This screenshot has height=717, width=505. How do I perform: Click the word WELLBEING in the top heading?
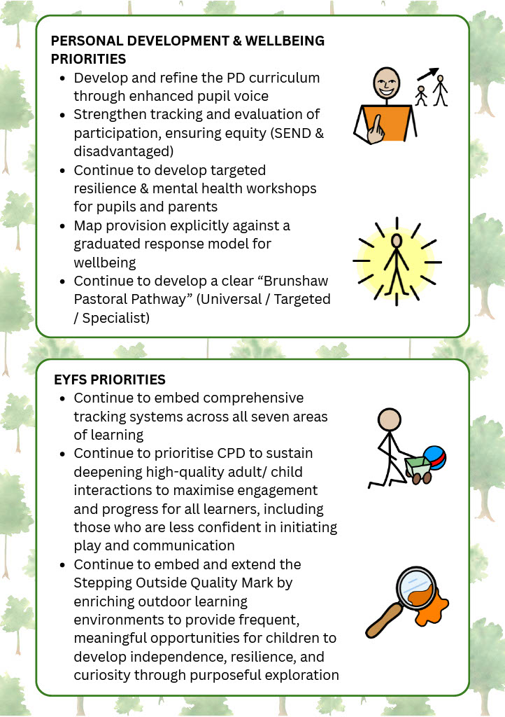[285, 41]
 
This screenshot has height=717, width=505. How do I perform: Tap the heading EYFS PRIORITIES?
[110, 380]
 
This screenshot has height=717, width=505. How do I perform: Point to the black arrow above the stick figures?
[428, 74]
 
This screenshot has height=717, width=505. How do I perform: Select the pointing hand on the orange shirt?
[376, 130]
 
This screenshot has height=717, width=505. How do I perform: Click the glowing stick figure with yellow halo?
[397, 262]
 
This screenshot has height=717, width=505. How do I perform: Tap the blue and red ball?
[435, 458]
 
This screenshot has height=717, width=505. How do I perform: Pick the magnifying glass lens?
[416, 587]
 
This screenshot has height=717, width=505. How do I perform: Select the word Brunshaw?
[296, 281]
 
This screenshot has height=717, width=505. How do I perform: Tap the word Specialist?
[116, 318]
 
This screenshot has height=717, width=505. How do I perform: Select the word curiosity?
[101, 676]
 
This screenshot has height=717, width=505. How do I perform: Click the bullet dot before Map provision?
[62, 226]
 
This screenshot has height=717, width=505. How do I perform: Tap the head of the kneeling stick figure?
[390, 420]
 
